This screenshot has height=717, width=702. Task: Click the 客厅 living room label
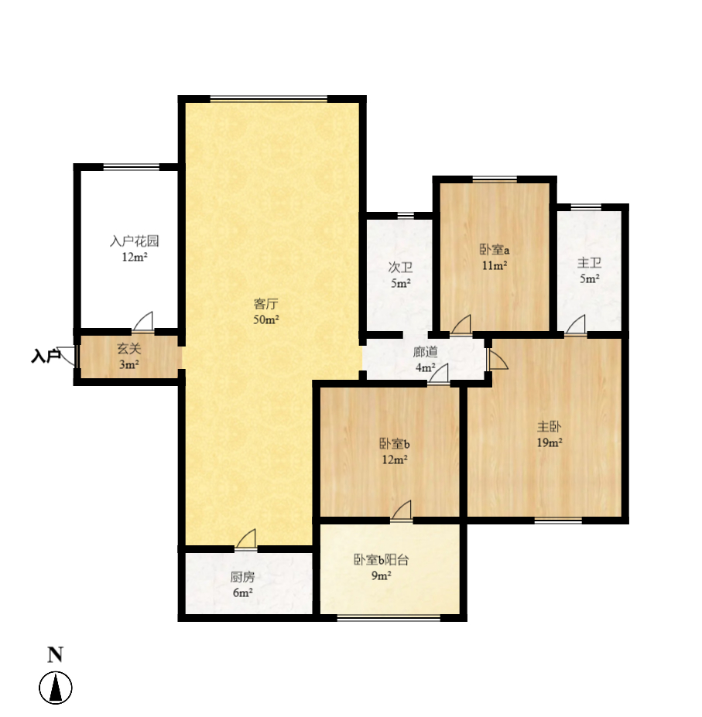tap(265, 303)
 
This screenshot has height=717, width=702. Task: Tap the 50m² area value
tap(265, 319)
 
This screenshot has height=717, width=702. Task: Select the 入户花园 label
tap(134, 241)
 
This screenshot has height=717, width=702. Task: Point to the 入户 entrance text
tap(46, 357)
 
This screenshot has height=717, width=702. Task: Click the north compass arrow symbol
tap(56, 687)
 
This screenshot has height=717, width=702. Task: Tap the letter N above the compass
tap(55, 655)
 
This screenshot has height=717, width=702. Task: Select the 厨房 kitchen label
tap(242, 577)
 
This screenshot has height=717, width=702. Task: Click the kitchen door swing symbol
tap(246, 538)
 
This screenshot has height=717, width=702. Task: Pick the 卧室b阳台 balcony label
tap(382, 560)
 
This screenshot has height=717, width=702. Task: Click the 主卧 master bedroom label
tap(550, 426)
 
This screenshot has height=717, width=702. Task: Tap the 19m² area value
tap(550, 443)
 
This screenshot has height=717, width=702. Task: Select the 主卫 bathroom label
tap(589, 263)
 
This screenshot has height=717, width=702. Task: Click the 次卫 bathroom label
tap(399, 267)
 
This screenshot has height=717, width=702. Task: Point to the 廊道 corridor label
tap(425, 351)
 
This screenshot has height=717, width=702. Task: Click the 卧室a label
tap(494, 249)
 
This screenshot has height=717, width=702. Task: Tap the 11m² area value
tap(494, 265)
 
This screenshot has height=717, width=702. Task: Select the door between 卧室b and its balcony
tap(402, 510)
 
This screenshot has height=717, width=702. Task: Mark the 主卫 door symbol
tap(575, 326)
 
